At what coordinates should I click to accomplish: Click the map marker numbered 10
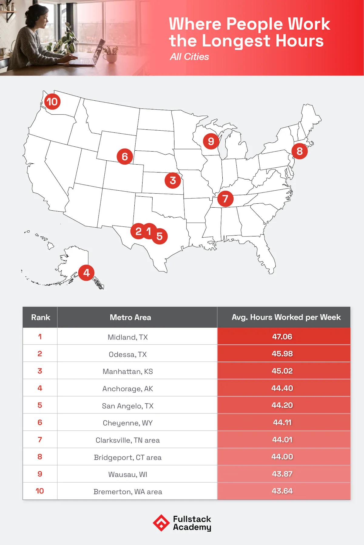52,102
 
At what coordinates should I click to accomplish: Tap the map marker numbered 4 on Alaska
86,273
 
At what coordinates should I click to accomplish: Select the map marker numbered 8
299,151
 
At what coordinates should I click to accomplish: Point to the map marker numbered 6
125,156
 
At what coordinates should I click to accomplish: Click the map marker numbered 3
173,180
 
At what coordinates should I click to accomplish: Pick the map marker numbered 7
225,199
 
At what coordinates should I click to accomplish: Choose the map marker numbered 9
211,141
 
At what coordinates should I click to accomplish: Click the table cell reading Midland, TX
128,337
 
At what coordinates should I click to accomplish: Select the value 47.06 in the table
282,336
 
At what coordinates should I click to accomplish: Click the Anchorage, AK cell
128,389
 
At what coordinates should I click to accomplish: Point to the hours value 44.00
282,457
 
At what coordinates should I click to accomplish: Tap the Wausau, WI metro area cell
128,474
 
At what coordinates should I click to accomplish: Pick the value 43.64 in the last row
282,491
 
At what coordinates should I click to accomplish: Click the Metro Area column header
130,317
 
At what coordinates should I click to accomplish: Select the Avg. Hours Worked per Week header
286,317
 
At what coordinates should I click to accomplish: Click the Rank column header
41,317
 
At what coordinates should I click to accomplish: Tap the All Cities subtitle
189,57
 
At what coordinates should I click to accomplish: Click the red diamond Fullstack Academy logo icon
161,523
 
